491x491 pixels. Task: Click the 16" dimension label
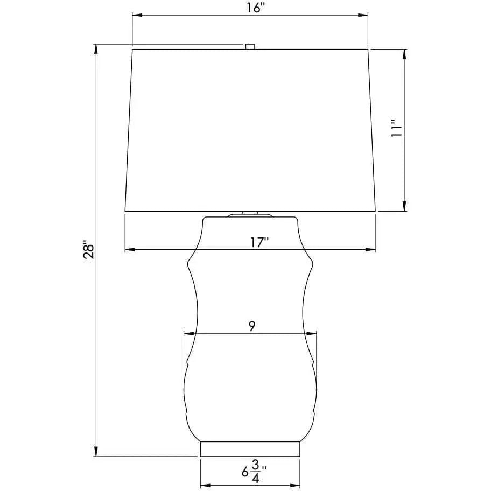tap(250, 8)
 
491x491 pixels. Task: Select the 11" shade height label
tap(397, 130)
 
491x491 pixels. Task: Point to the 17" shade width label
tap(259, 242)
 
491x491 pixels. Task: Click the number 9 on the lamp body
tap(251, 325)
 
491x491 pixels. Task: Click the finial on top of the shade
tap(250, 46)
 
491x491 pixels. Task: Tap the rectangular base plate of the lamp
tap(250, 448)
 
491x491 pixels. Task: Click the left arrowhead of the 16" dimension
tap(136, 16)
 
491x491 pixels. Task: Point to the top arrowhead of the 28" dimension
tap(96, 48)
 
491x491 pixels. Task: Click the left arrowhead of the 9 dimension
tap(187, 333)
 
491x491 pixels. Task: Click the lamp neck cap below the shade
tap(250, 215)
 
